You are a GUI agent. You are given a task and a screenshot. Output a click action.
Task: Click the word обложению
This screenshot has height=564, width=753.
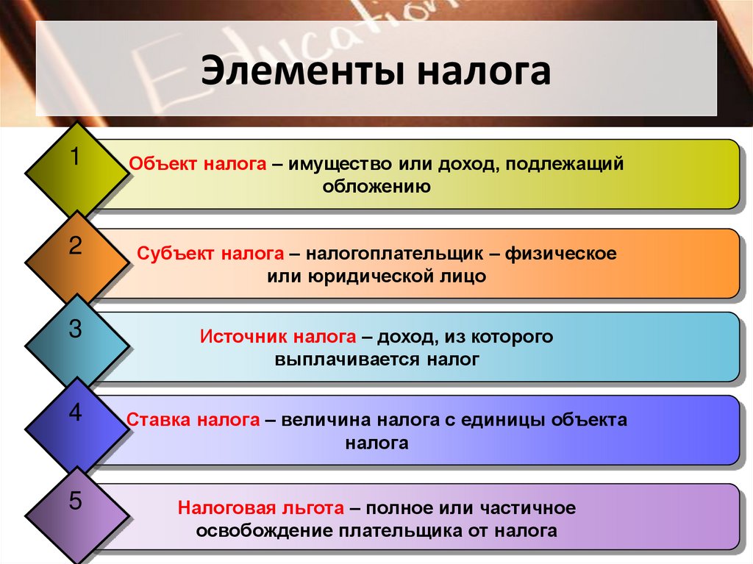tap(376, 187)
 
